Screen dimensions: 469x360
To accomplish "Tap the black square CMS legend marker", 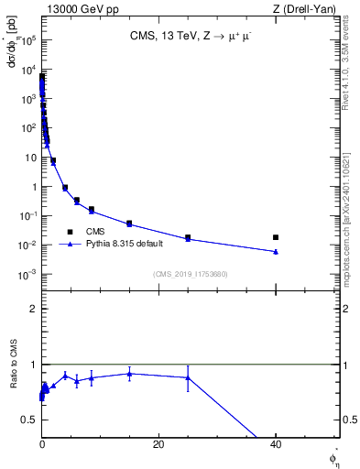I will point(70,231).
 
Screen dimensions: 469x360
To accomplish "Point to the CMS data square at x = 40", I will point(276,237).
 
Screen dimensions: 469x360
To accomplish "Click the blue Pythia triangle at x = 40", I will point(276,251).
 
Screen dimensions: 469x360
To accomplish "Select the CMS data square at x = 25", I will point(188,238).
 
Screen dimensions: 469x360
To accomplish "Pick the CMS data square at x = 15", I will point(129,224).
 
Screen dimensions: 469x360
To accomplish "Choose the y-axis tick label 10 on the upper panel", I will point(30,158).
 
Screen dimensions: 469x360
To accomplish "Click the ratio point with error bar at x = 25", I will point(188,377).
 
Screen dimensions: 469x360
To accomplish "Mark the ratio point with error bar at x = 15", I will point(129,373).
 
